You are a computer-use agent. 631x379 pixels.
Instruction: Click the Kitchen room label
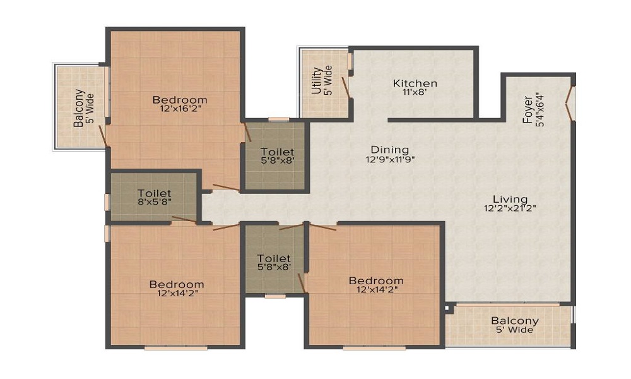pyautogui.click(x=415, y=83)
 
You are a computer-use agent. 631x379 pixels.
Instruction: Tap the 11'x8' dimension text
pyautogui.click(x=415, y=92)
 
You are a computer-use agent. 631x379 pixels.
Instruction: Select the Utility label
pyautogui.click(x=316, y=81)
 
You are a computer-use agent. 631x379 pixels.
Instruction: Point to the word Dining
pyautogui.click(x=389, y=150)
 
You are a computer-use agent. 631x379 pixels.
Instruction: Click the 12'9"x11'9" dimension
pyautogui.click(x=389, y=159)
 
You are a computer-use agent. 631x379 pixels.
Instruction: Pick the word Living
pyautogui.click(x=510, y=199)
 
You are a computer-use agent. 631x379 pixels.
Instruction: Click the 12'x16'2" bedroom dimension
pyautogui.click(x=180, y=108)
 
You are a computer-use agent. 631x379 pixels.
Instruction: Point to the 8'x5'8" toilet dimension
pyautogui.click(x=155, y=202)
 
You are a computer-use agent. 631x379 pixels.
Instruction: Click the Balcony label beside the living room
pyautogui.click(x=515, y=321)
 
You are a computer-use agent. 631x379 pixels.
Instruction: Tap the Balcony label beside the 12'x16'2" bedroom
pyautogui.click(x=78, y=107)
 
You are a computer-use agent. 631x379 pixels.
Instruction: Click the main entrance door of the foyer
pyautogui.click(x=570, y=104)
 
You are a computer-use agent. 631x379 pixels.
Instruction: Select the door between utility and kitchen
pyautogui.click(x=346, y=87)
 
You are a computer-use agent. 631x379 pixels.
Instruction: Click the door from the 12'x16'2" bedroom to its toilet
pyautogui.click(x=248, y=133)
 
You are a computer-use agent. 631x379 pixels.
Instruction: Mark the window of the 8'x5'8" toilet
pyautogui.click(x=107, y=202)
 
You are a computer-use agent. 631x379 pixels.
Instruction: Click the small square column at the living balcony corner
pyautogui.click(x=449, y=308)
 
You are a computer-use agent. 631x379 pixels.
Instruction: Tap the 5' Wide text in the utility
pyautogui.click(x=327, y=81)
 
